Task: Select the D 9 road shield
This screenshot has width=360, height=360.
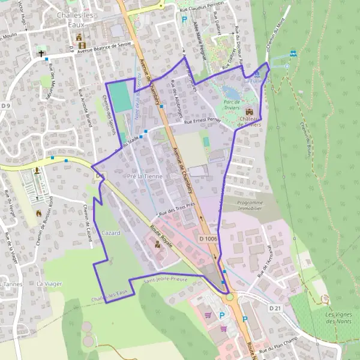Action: tap(6, 106)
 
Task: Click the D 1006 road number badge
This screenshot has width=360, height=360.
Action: tap(208, 239)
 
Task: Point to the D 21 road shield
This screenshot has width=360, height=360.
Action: tap(275, 308)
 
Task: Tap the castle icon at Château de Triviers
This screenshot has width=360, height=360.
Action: tap(249, 111)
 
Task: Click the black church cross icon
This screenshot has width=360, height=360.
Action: tap(42, 53)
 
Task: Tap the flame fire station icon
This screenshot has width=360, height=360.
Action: tap(40, 213)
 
